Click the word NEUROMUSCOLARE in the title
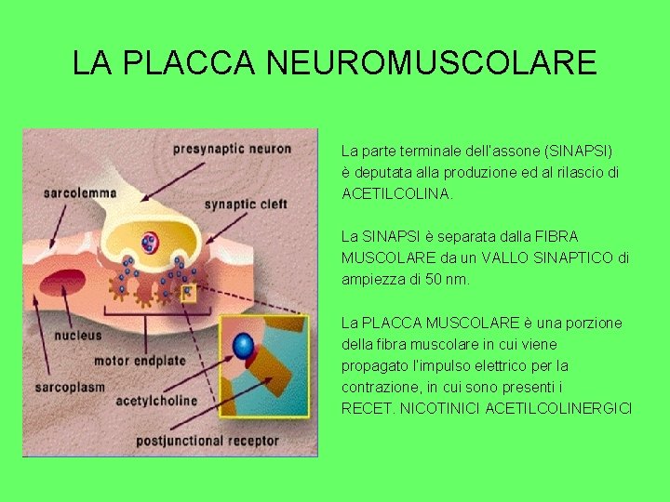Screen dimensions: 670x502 click(431, 62)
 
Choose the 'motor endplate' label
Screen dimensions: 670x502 click(139, 360)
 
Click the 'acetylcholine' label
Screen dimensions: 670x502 click(156, 402)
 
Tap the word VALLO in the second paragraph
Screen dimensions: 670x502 click(506, 258)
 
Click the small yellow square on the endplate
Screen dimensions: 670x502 click(187, 293)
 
